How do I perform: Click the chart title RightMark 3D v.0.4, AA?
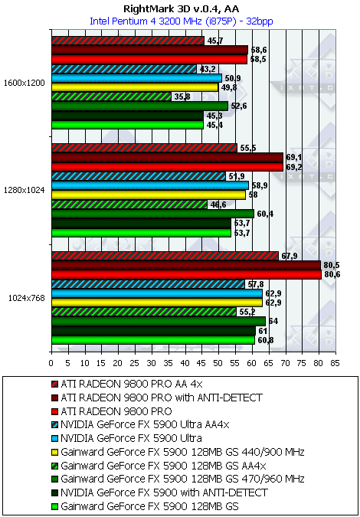point(181,8)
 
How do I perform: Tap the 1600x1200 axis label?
point(24,83)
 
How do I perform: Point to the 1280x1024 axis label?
point(24,190)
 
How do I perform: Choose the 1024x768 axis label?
point(26,298)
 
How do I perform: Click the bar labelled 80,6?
point(186,275)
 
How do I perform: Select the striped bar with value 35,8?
point(111,97)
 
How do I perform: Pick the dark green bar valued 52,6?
point(139,106)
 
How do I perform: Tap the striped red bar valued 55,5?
point(145,148)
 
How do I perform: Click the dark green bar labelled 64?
point(159,322)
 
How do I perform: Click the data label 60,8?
point(264,340)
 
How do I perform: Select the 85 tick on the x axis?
point(335,363)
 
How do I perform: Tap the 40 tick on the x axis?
point(185,363)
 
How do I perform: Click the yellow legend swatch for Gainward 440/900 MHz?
point(54,452)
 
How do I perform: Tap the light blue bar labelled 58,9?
point(150,185)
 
